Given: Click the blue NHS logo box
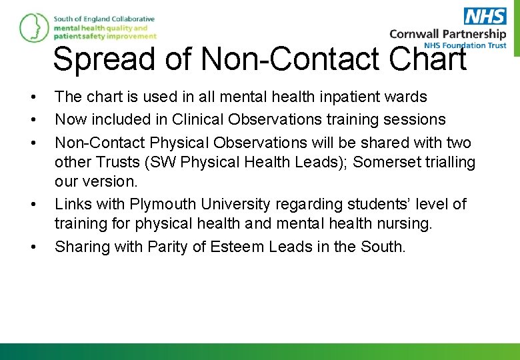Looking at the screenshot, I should click(485, 16).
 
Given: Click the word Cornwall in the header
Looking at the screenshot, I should click(415, 34).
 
